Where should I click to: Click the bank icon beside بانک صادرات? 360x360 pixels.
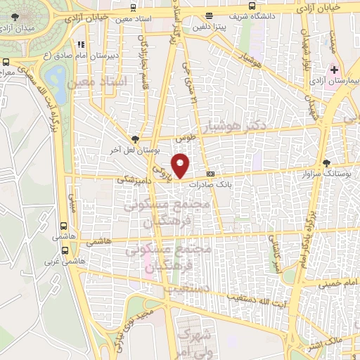(x=210, y=174)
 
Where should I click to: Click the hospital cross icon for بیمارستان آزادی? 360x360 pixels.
(x=335, y=70)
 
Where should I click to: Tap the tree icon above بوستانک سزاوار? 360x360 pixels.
(x=326, y=162)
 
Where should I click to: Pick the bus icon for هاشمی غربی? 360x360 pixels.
(x=65, y=250)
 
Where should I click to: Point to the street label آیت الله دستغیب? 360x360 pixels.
(x=257, y=298)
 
